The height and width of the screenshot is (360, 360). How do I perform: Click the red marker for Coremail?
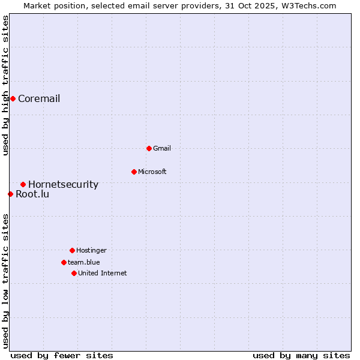(13, 98)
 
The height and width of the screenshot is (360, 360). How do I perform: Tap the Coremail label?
(39, 99)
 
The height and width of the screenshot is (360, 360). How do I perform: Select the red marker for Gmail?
(149, 148)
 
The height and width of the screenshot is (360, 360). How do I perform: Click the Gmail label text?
(162, 149)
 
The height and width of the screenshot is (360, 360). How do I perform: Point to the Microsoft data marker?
(134, 172)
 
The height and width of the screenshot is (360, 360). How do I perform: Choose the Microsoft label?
(152, 172)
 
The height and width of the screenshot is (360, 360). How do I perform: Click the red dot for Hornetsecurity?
(23, 184)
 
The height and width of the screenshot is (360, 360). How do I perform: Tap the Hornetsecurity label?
(63, 185)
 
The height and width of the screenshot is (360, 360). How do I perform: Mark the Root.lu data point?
(10, 194)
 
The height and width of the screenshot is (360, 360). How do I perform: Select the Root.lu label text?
(32, 194)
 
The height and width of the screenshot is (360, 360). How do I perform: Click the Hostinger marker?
(72, 250)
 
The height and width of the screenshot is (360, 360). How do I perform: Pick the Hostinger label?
(91, 251)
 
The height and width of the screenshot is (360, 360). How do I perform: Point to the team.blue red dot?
(64, 262)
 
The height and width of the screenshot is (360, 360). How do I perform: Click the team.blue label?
(84, 263)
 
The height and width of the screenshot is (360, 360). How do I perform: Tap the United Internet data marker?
(74, 273)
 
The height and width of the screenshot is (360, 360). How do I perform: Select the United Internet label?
(103, 274)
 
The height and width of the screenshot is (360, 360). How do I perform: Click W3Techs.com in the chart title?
(311, 5)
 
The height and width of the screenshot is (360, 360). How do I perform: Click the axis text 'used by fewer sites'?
(62, 355)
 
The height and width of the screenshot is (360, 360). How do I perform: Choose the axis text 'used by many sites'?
(301, 355)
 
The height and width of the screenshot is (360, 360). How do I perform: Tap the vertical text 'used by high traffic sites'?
(5, 86)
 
